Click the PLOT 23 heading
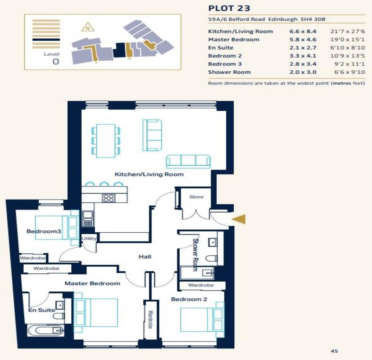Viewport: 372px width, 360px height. coord(224,8)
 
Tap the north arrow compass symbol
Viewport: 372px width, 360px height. coord(88,27)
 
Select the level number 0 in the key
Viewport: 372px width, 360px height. coord(56,62)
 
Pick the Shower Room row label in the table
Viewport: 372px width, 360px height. coord(229,72)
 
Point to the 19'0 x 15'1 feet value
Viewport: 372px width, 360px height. coord(350,39)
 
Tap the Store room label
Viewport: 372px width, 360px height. coord(196,197)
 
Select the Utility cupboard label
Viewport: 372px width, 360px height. coord(89,238)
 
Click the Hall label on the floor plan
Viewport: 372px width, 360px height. coord(145,257)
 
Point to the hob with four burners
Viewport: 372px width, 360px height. coord(108,198)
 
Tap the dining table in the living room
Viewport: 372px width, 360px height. coord(106,141)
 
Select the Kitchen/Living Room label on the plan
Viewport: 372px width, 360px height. coord(149,174)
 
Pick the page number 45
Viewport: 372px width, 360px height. coord(334,351)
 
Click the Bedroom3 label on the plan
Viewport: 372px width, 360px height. coord(44,231)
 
